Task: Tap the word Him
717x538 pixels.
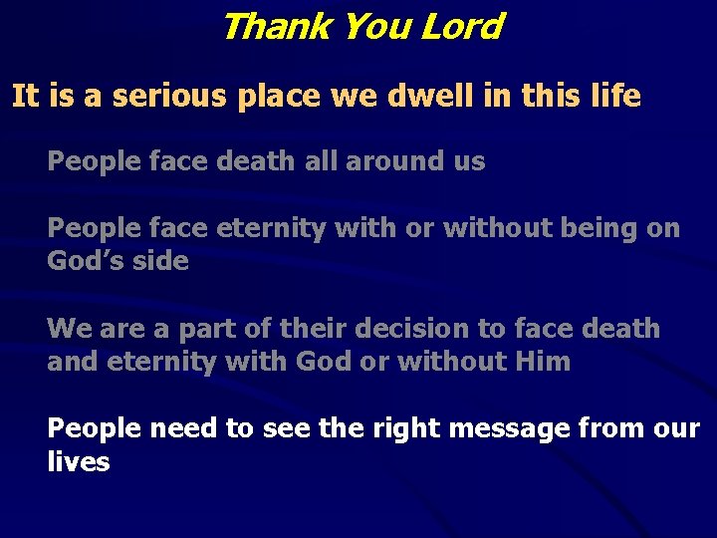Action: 544,361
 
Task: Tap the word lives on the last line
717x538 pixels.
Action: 79,461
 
